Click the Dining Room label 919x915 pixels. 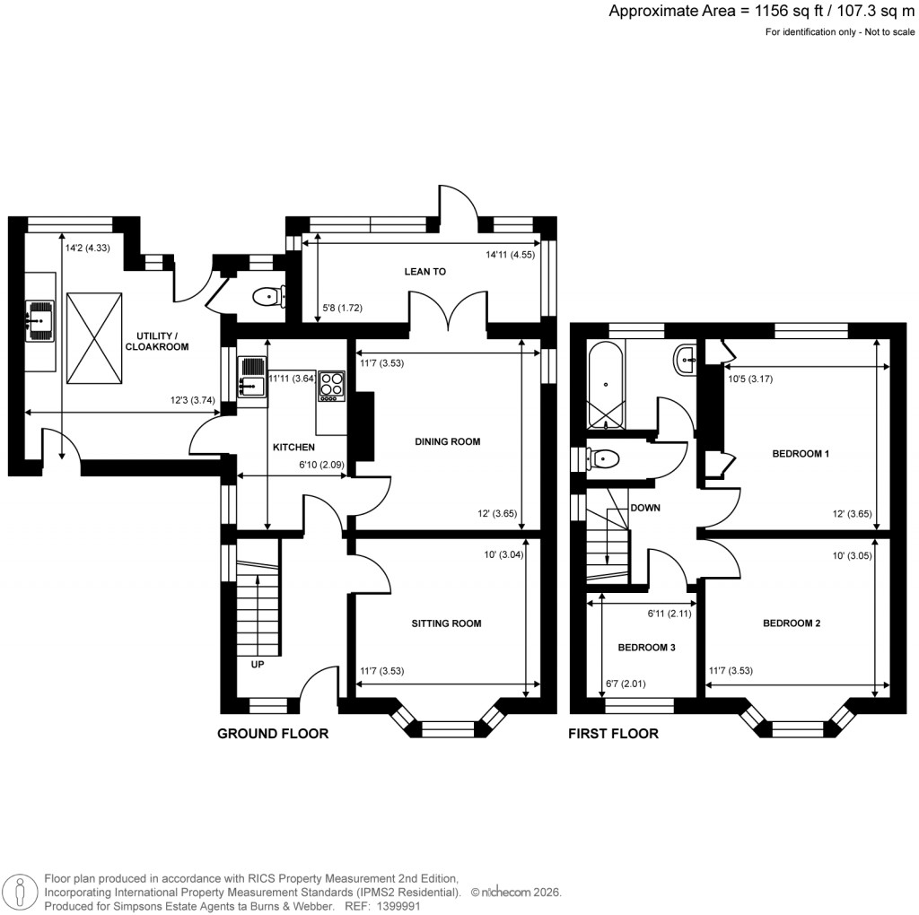(x=447, y=441)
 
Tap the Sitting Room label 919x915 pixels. (x=446, y=623)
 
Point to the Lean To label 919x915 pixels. (x=425, y=271)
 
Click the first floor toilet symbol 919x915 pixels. (x=604, y=459)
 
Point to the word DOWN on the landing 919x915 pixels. (x=646, y=507)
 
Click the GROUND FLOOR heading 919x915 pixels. (x=273, y=734)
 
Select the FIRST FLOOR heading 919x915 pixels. (x=613, y=734)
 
